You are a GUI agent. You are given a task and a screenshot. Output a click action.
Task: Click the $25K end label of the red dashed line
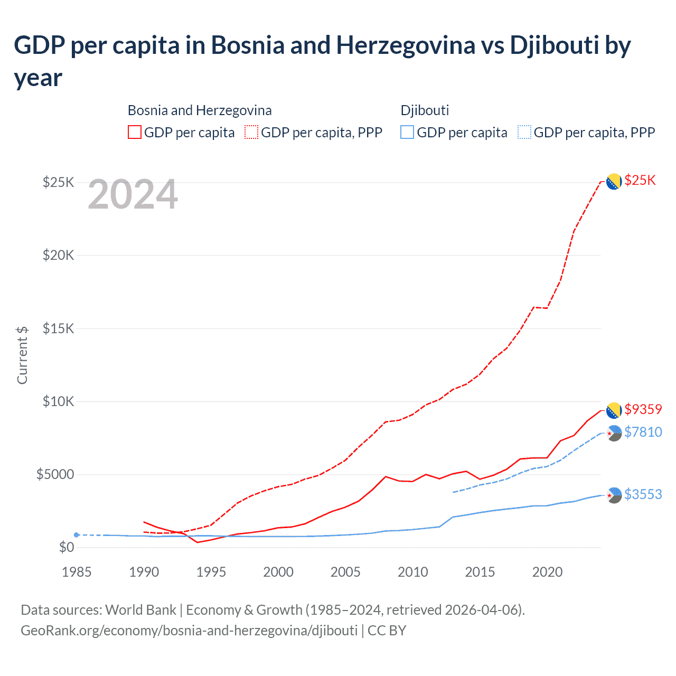[640, 181]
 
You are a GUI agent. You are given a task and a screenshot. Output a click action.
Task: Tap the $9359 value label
[643, 409]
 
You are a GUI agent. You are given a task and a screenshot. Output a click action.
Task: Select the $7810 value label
[643, 432]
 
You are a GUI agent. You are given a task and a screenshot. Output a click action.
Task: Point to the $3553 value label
[643, 494]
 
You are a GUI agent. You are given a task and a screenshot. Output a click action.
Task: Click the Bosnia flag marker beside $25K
[614, 181]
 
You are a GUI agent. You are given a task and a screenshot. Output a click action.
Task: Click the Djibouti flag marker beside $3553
[614, 495]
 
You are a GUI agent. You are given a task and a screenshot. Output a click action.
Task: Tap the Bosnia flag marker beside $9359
[614, 410]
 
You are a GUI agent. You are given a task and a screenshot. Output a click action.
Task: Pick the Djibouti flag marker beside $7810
[614, 433]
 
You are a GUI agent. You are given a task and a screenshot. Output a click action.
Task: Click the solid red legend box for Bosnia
[135, 132]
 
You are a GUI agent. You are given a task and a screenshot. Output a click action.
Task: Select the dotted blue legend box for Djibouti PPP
[524, 132]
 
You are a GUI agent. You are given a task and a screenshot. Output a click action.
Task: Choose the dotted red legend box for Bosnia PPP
[251, 132]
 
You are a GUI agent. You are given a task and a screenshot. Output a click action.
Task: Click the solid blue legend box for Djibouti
[407, 132]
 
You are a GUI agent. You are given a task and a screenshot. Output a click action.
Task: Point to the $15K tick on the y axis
[58, 328]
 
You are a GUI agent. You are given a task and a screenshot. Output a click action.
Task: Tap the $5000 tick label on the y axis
[55, 474]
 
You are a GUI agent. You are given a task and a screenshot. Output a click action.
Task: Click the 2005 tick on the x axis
[345, 572]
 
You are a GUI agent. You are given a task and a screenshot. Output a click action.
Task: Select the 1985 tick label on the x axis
[77, 572]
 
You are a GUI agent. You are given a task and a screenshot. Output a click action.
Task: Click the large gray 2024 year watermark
[133, 194]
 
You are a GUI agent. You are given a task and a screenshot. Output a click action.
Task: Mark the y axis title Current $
[22, 355]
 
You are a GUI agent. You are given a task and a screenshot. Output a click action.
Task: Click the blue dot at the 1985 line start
[77, 535]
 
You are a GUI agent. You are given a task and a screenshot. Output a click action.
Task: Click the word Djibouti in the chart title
[554, 45]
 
